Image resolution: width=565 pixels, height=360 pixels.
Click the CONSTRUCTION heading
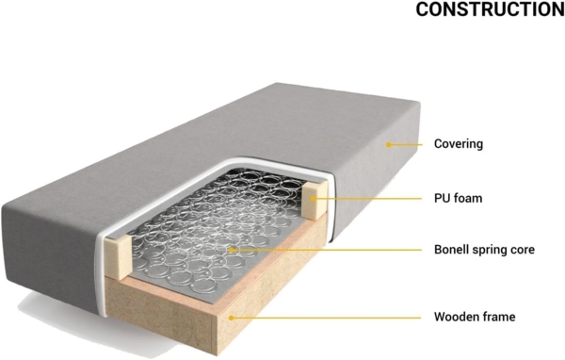click(x=490, y=10)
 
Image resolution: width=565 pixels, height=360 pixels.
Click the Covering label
click(x=459, y=145)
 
